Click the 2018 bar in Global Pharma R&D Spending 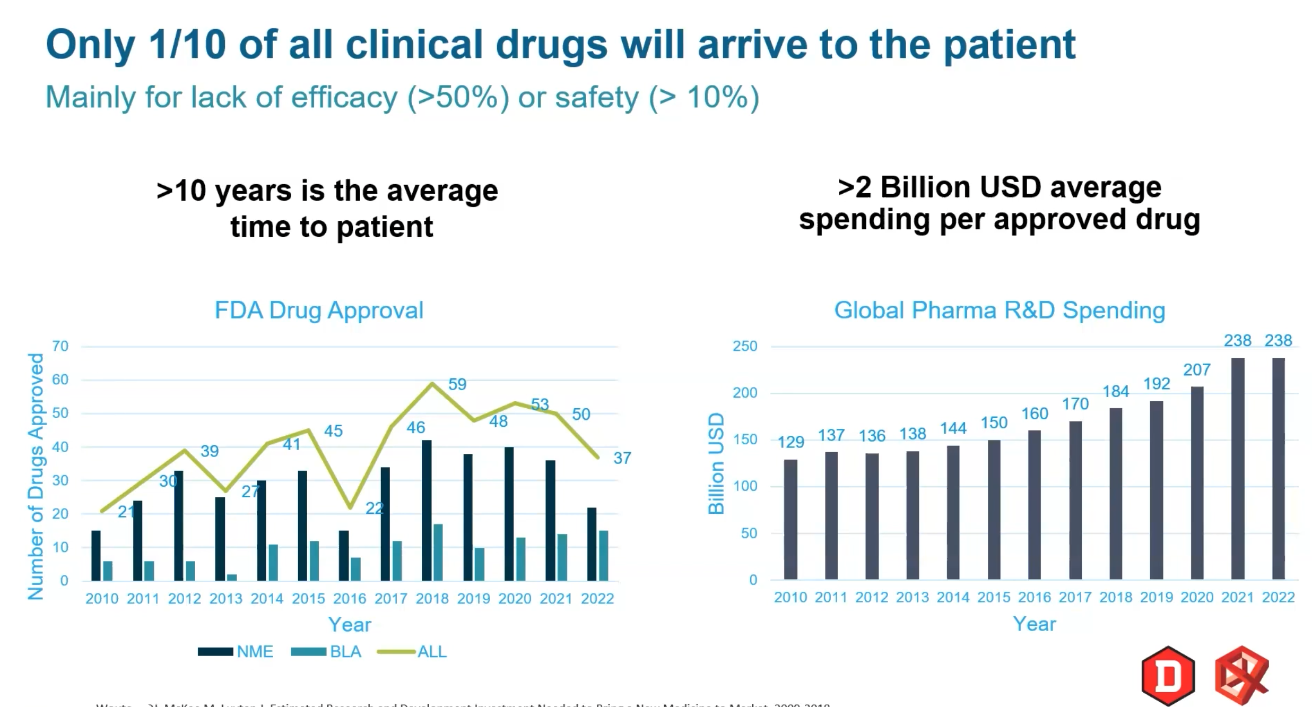click(1116, 494)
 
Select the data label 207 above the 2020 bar click(1197, 370)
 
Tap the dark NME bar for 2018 click(427, 510)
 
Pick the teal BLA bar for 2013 click(232, 577)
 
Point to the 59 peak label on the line click(457, 384)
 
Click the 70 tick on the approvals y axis click(60, 346)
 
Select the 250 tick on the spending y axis click(745, 346)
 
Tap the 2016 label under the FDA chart click(350, 599)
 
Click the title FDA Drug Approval click(319, 311)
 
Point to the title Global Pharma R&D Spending click(1000, 311)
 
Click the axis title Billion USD click(716, 463)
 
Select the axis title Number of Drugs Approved click(36, 476)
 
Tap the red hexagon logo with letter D click(1168, 676)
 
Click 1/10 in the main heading click(187, 45)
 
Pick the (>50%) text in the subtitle click(458, 98)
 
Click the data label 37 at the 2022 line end click(622, 458)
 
